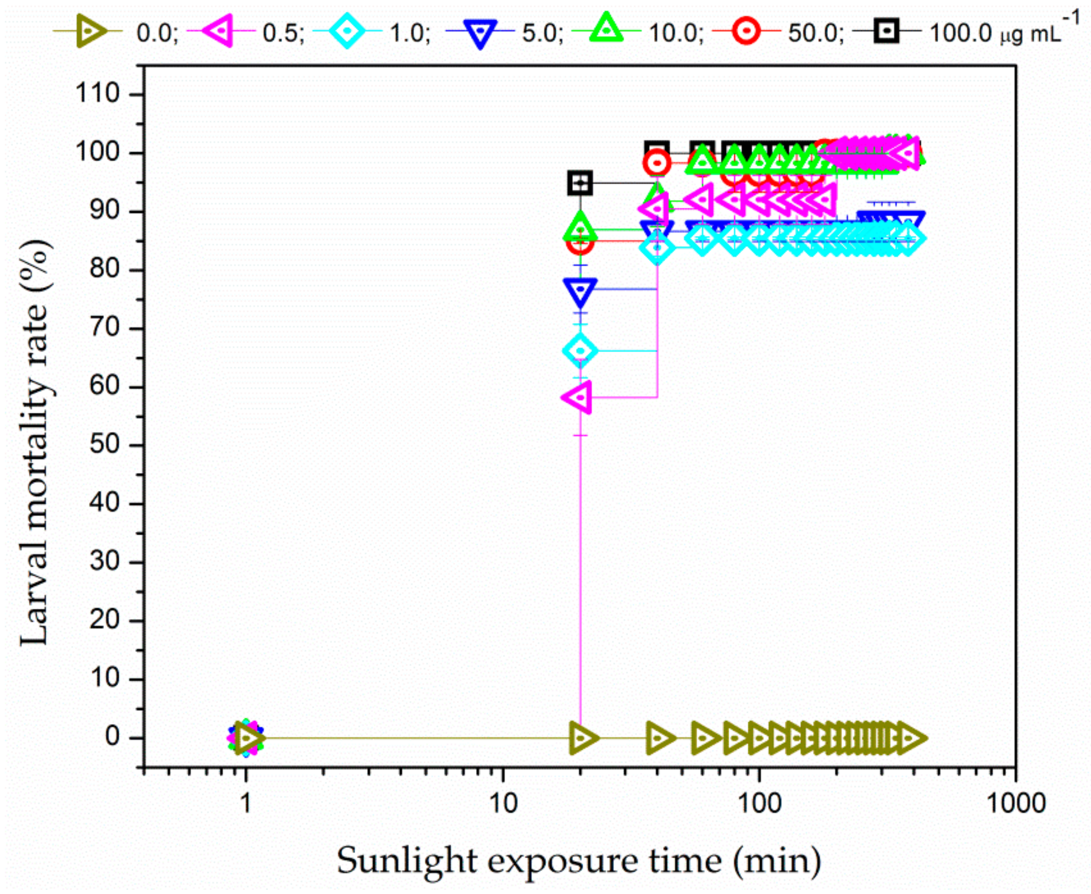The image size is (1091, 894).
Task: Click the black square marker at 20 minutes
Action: point(580,183)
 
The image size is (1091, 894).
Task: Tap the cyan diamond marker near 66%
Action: point(580,351)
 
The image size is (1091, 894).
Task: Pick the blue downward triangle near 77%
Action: point(580,290)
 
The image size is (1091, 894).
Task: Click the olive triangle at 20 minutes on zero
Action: point(582,738)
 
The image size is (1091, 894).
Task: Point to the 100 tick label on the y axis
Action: point(97,153)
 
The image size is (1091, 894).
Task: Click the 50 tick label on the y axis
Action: point(104,446)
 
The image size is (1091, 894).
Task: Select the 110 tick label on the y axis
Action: point(97,94)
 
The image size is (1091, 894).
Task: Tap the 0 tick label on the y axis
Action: point(112,737)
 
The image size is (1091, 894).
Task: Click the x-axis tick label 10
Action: point(502,803)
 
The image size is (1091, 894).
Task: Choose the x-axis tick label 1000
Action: point(1015,803)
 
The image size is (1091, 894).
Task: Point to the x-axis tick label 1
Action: point(247,803)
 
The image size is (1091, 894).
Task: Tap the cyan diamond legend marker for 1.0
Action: point(347,31)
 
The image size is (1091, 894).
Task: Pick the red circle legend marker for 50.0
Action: point(746,31)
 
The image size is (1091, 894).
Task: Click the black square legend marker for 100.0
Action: point(886,31)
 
